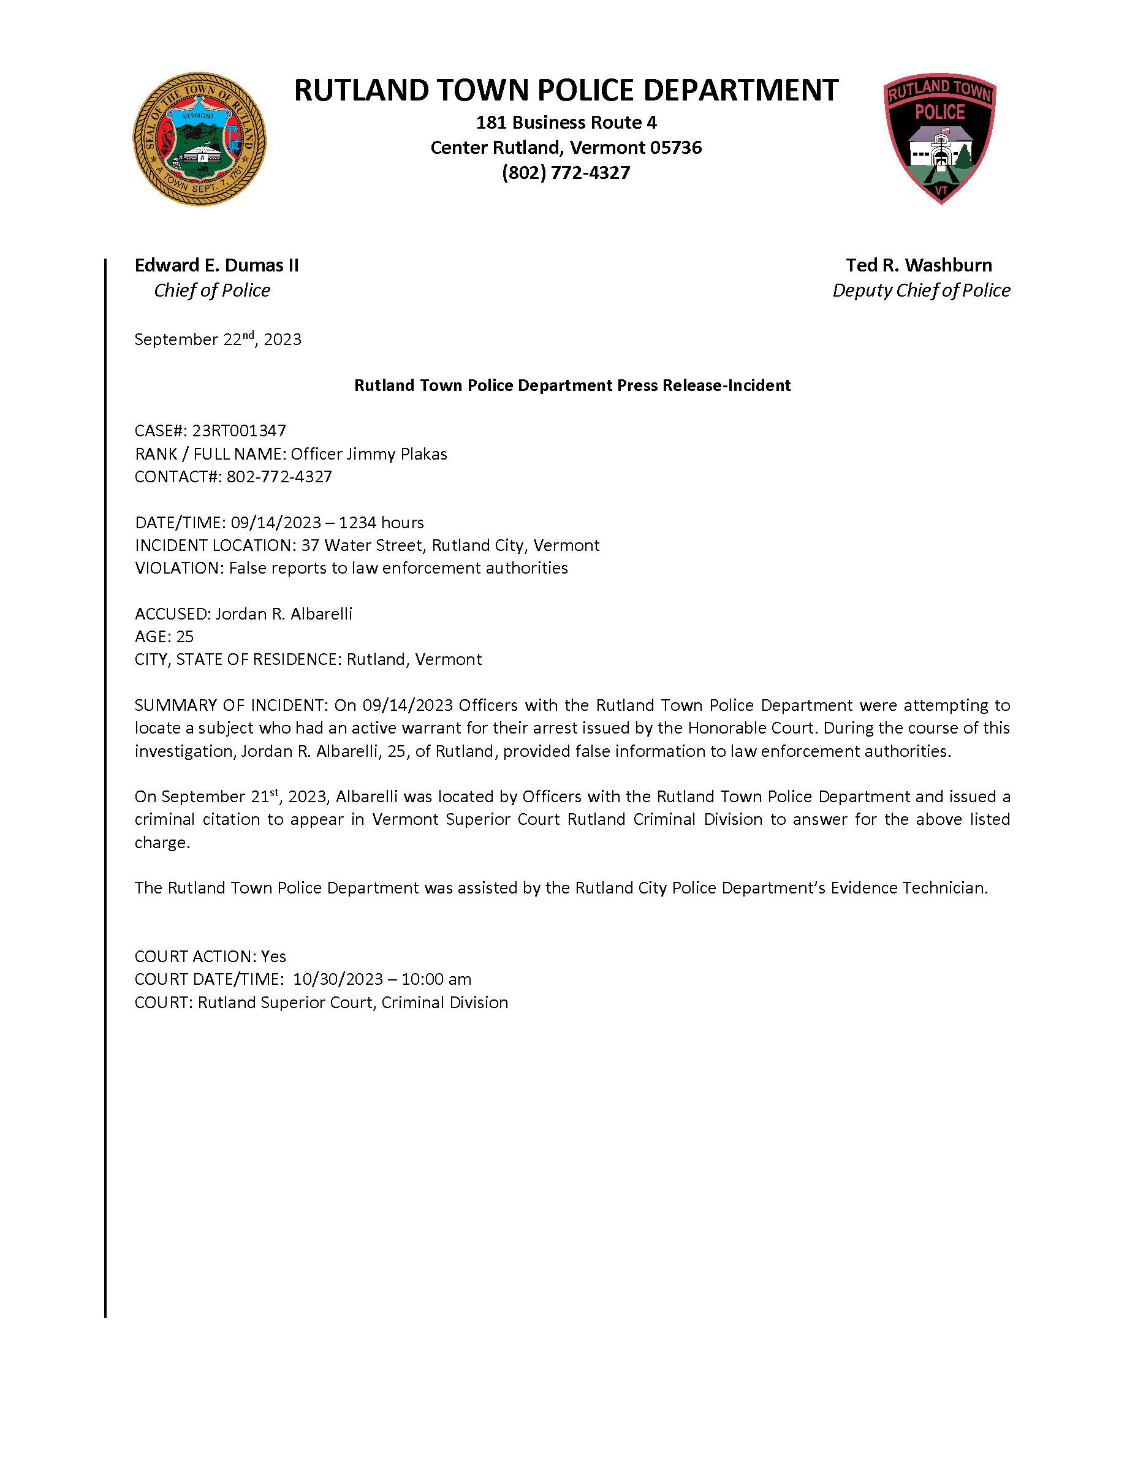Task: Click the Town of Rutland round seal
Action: click(199, 139)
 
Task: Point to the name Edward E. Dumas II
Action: click(216, 265)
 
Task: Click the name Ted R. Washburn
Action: click(919, 265)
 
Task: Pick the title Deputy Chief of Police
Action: click(921, 290)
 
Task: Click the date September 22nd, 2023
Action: click(218, 339)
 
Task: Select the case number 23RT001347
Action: click(239, 431)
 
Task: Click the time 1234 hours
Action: click(382, 522)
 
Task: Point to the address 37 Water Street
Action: click(362, 545)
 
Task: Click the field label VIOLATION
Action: click(178, 567)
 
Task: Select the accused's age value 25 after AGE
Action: click(184, 636)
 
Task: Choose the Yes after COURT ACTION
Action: click(273, 956)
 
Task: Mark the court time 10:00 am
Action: click(436, 979)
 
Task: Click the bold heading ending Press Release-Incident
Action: click(572, 385)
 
